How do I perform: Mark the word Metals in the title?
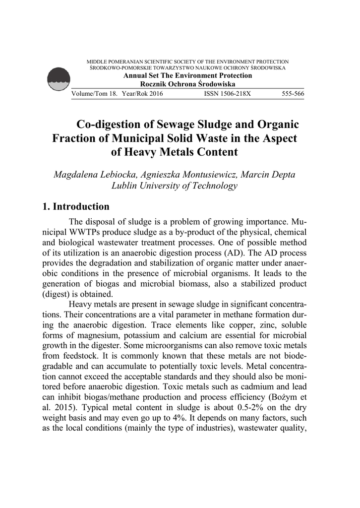[180, 152]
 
